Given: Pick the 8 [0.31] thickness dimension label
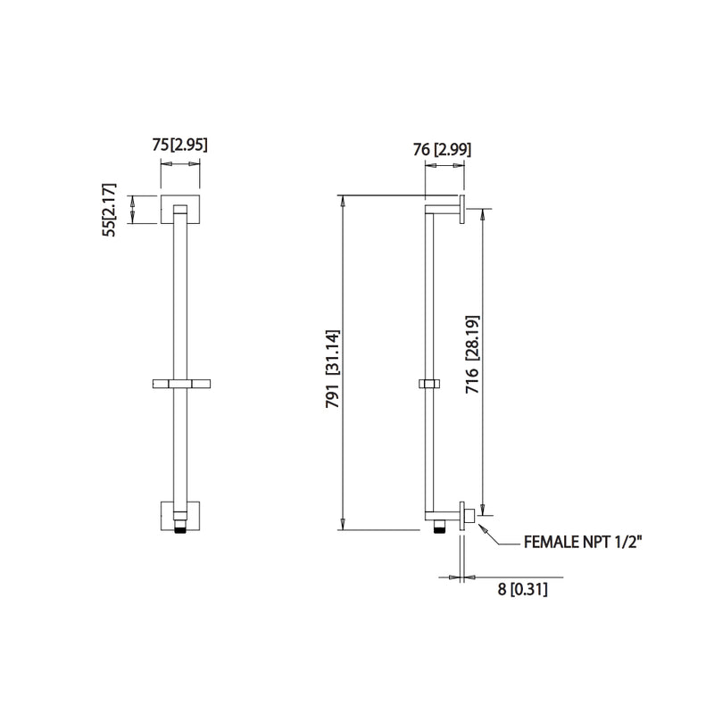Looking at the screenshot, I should coord(522,589).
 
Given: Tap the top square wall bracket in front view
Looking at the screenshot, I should coord(179,209).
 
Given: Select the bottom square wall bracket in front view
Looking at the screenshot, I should coord(179,516).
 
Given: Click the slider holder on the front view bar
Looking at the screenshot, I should coord(179,384).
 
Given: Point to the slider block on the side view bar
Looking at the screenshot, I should coord(428,385).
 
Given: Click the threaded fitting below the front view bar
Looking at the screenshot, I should coord(179,531).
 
